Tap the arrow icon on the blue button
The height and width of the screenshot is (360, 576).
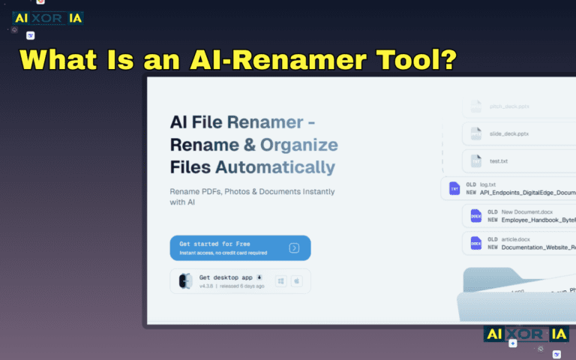point(295,248)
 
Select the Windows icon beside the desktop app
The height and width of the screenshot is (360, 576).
point(281,281)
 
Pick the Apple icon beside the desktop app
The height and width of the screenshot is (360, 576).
point(296,281)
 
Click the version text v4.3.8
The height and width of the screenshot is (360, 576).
point(207,286)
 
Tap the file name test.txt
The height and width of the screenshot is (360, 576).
point(499,160)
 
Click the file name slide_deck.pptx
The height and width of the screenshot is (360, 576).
point(509,133)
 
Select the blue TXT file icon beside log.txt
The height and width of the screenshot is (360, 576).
point(454,188)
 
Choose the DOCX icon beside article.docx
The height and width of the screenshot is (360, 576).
point(476,243)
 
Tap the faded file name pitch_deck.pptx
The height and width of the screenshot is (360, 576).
point(509,106)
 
